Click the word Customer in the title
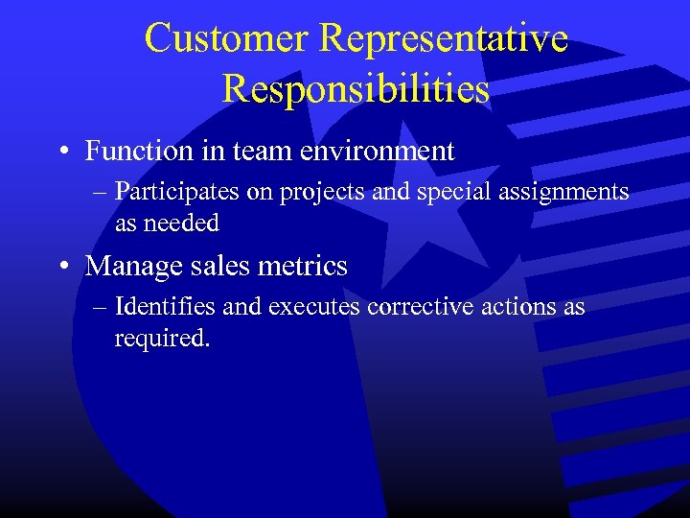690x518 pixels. click(227, 38)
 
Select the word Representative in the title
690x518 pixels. click(444, 38)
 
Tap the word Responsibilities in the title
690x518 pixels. click(356, 89)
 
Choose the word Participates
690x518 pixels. click(177, 192)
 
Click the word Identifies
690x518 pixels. click(165, 307)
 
